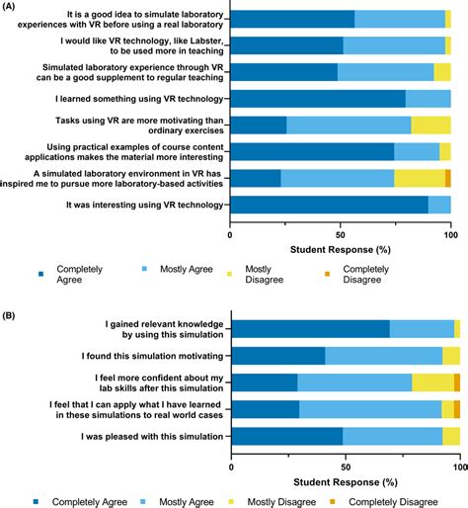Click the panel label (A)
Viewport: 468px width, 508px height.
point(8,6)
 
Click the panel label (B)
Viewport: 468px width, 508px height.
point(8,315)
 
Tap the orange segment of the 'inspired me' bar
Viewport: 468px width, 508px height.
point(448,178)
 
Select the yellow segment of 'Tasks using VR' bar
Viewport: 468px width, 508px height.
point(430,126)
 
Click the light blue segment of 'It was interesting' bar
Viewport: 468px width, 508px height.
point(439,205)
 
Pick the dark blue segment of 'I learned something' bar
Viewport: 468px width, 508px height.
point(318,99)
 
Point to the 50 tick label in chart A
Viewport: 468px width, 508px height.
point(341,235)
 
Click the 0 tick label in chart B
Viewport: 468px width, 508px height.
point(231,467)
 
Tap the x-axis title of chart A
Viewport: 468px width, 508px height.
point(341,250)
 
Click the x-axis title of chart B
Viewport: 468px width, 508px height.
point(346,482)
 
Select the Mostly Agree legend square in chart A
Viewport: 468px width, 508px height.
point(144,269)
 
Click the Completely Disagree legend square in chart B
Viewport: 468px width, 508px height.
point(333,502)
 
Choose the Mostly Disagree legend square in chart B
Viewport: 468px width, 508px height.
point(231,502)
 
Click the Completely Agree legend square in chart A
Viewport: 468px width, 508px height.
point(41,274)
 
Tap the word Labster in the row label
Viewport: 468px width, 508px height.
point(201,41)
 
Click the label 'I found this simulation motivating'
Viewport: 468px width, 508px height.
point(153,356)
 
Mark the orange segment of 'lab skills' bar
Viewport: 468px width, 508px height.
point(457,382)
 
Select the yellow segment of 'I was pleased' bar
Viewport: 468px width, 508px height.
point(451,436)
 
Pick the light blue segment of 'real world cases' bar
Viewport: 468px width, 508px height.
point(370,409)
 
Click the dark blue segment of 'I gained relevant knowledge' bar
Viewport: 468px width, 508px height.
point(311,329)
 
